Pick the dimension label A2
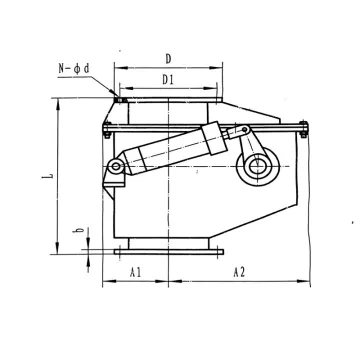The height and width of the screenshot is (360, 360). coord(240,272)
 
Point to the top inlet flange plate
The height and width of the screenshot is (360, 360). coord(164,99)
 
